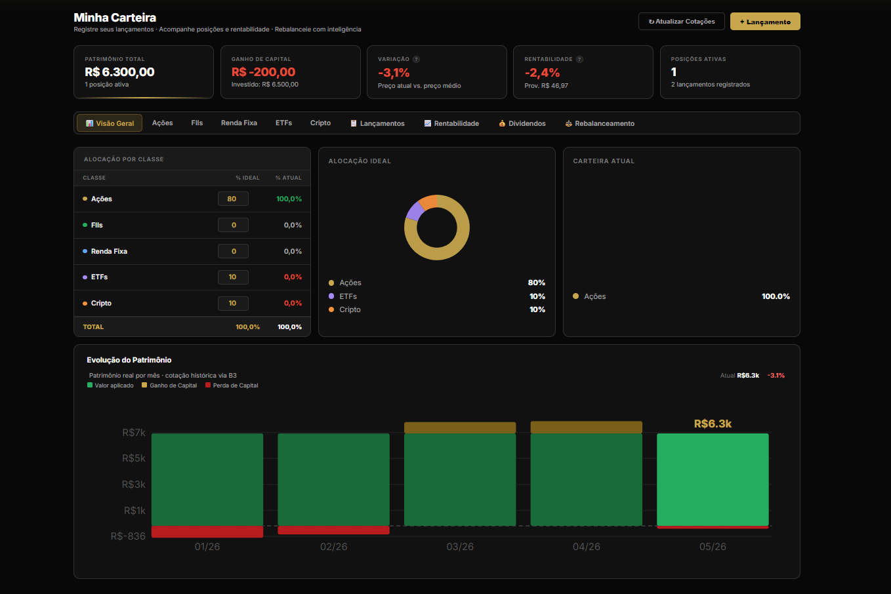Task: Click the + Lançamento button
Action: (765, 22)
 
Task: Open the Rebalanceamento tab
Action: (600, 123)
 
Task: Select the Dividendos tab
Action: (522, 123)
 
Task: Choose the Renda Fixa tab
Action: (239, 123)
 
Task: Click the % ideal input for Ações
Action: (233, 199)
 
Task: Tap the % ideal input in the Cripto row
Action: (233, 304)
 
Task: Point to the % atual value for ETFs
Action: (293, 277)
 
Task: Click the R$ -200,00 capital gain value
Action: (263, 72)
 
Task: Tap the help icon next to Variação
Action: (416, 59)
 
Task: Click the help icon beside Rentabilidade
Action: (579, 59)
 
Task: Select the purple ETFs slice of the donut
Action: (415, 210)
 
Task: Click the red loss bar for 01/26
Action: (207, 532)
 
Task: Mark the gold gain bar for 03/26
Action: (460, 427)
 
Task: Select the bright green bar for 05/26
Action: (713, 479)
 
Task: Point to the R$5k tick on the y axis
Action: (134, 458)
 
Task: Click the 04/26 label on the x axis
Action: (587, 547)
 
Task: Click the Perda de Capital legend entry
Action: (232, 386)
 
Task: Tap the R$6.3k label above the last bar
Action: (713, 424)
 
